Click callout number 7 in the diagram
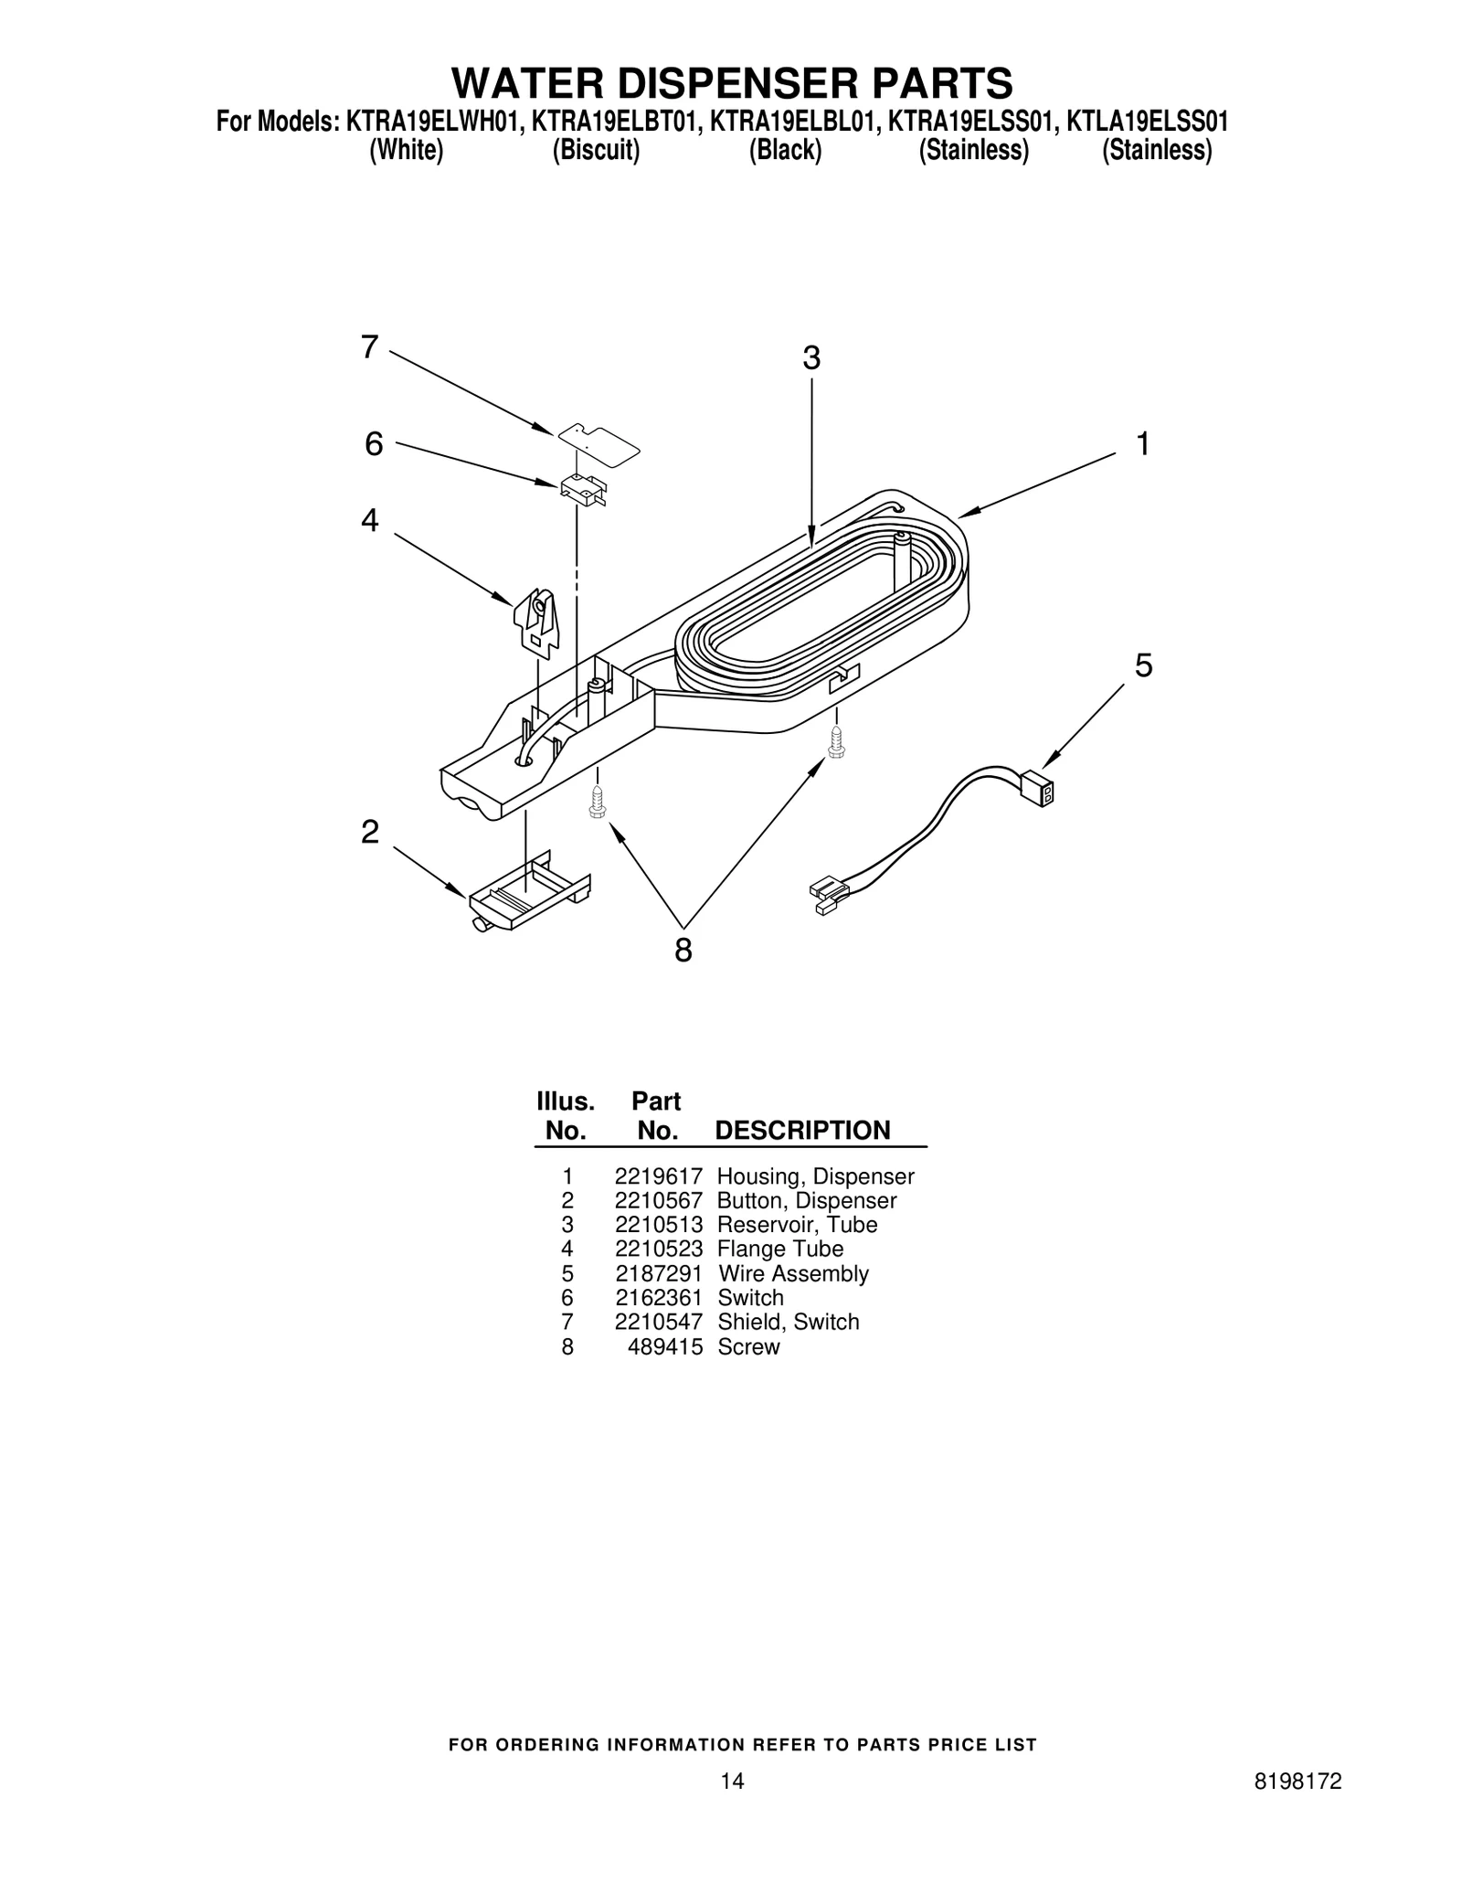click(369, 347)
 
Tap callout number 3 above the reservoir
click(811, 358)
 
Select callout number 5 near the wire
click(1143, 665)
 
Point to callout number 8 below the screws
click(683, 951)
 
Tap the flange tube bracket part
click(536, 619)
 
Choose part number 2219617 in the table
click(658, 1176)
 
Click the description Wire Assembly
click(793, 1273)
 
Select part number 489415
click(664, 1346)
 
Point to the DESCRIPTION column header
click(801, 1131)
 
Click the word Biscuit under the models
click(596, 150)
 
